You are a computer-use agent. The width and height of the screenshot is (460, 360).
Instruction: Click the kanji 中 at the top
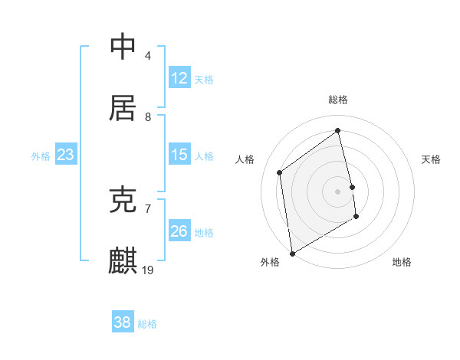(x=123, y=47)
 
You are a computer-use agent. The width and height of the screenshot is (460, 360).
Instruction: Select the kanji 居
(x=123, y=109)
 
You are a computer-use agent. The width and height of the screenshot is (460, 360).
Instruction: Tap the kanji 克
(x=123, y=201)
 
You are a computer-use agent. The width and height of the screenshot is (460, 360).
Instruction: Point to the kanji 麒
(x=123, y=260)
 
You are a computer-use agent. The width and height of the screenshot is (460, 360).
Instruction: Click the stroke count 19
(x=149, y=270)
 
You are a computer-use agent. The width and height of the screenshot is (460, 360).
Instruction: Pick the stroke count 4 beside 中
(x=148, y=56)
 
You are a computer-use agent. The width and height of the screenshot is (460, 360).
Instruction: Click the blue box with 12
(x=179, y=78)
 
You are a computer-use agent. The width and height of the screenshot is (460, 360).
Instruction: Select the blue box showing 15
(x=179, y=155)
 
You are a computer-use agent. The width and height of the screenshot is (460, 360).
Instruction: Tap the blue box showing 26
(x=179, y=231)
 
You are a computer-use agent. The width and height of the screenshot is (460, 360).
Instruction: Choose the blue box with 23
(x=66, y=155)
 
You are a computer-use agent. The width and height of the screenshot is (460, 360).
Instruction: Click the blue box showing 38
(x=123, y=322)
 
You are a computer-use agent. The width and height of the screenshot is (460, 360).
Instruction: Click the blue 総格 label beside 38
(x=147, y=324)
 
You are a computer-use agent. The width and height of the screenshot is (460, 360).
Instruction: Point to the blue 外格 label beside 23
(x=41, y=156)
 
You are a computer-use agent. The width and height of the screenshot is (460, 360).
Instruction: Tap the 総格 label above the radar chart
(x=338, y=100)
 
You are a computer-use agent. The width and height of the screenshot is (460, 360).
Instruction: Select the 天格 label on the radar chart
(x=432, y=159)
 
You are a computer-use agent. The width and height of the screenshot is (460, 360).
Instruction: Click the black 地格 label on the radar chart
(x=402, y=262)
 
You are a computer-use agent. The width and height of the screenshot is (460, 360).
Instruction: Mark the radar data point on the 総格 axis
(x=338, y=131)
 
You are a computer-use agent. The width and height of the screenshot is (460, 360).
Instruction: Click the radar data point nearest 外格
(x=292, y=253)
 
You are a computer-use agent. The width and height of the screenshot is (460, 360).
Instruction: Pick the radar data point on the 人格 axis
(x=280, y=172)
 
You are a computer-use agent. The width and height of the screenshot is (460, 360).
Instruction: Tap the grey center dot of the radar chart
(x=338, y=191)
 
